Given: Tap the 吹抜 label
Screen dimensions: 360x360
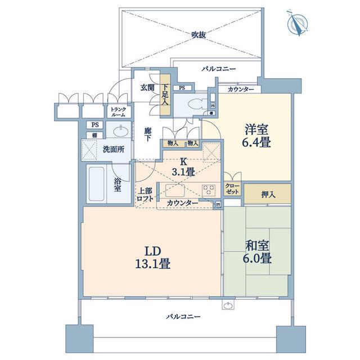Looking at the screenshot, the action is pyautogui.click(x=199, y=35).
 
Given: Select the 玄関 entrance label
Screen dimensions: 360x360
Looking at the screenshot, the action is pyautogui.click(x=147, y=88).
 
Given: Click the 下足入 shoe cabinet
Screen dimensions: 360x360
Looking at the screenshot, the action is pyautogui.click(x=165, y=94).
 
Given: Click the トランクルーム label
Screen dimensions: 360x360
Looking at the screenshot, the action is pyautogui.click(x=118, y=112).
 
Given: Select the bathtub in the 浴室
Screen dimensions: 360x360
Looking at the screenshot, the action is pyautogui.click(x=96, y=184).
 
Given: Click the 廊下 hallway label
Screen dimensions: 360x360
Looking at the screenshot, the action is pyautogui.click(x=148, y=134).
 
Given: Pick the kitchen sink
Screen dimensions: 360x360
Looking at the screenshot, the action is pyautogui.click(x=175, y=190).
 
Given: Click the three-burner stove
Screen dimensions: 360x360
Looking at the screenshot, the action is pyautogui.click(x=209, y=190).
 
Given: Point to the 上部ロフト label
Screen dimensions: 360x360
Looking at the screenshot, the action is pyautogui.click(x=145, y=195).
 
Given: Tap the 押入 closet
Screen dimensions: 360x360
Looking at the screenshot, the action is pyautogui.click(x=268, y=194).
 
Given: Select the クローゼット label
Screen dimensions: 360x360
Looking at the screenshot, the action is pyautogui.click(x=232, y=189).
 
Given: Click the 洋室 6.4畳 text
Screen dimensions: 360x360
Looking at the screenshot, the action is pyautogui.click(x=256, y=136).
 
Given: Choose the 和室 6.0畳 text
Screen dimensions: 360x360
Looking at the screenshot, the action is pyautogui.click(x=257, y=252).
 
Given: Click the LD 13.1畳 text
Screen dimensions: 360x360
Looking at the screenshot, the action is pyautogui.click(x=152, y=258).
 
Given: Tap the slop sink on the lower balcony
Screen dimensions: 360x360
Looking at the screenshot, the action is pyautogui.click(x=228, y=305).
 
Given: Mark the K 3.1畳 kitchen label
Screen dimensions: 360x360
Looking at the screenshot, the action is pyautogui.click(x=183, y=166).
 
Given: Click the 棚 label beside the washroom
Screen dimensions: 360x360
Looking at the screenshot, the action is pyautogui.click(x=94, y=135).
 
